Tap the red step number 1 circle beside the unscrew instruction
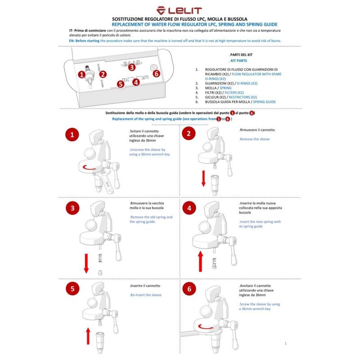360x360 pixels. [x=73, y=135]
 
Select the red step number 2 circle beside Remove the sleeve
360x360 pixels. [x=189, y=134]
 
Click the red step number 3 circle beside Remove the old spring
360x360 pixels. [x=72, y=208]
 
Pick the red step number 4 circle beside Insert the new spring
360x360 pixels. [x=189, y=208]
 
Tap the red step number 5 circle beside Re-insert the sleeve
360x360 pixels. [x=72, y=288]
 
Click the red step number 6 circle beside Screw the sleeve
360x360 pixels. [x=189, y=288]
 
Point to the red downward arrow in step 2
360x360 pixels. [x=203, y=179]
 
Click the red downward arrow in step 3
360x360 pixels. [x=86, y=264]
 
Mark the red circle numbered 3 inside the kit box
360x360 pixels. [x=132, y=67]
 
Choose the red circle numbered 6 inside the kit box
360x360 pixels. [x=156, y=73]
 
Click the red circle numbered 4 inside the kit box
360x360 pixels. [x=136, y=82]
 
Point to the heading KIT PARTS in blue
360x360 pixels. [x=238, y=60]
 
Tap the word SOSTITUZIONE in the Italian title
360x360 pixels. [x=131, y=19]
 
